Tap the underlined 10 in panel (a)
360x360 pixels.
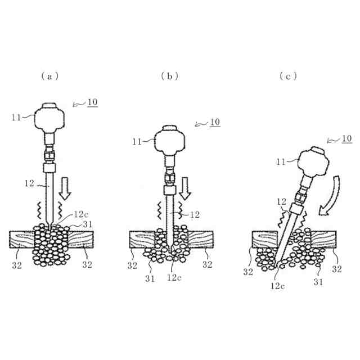92,102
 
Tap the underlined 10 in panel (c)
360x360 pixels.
347,138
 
